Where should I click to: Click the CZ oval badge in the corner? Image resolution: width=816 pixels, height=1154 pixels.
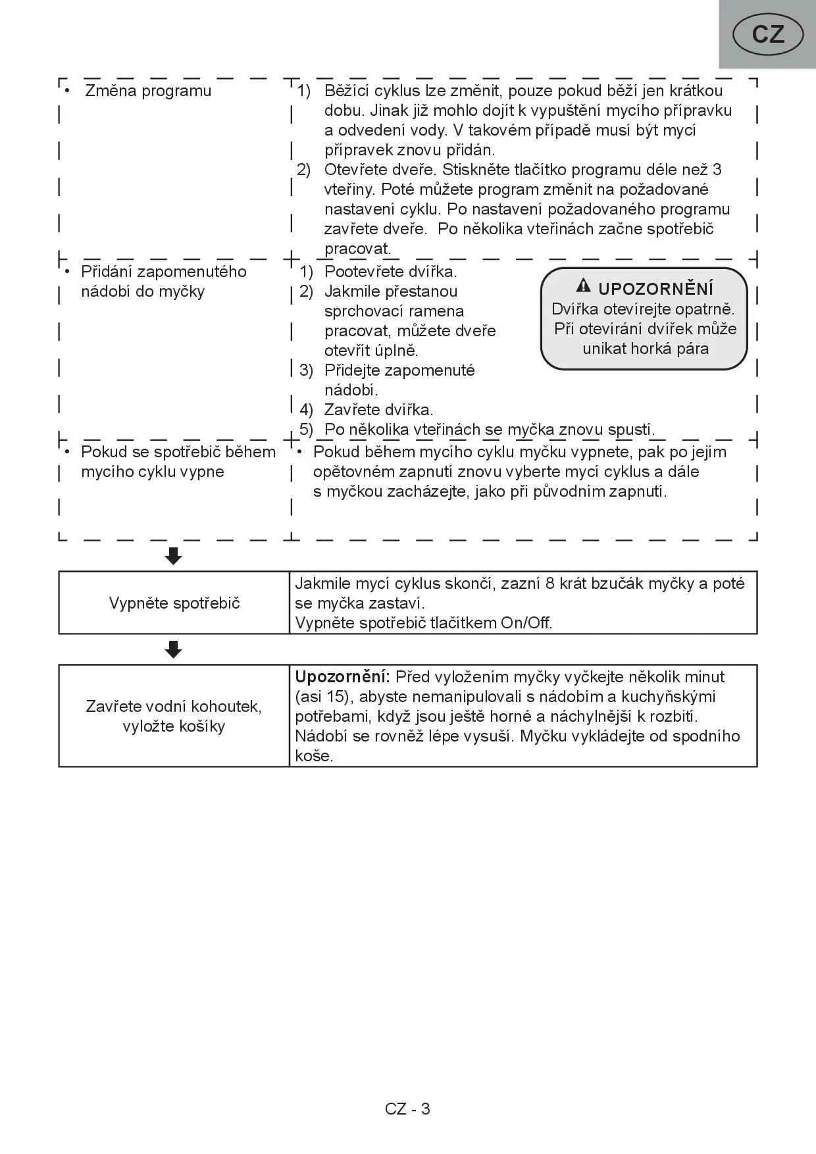768,34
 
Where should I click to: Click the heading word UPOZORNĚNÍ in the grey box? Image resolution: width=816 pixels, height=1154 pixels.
655,289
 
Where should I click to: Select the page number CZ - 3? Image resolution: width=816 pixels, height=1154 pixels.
407,1109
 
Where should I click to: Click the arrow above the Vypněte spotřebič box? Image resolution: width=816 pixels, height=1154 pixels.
174,557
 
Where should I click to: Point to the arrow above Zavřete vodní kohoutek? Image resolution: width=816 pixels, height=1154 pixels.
174,649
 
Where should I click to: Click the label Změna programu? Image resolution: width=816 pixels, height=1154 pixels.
148,91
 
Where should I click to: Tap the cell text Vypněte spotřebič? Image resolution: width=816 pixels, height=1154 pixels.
174,603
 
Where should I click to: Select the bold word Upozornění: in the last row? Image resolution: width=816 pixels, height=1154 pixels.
343,677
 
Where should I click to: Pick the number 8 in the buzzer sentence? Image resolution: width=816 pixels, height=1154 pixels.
551,584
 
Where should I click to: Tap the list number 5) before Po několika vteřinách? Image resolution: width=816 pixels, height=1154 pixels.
307,430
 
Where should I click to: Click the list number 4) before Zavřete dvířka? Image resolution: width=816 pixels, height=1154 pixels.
307,410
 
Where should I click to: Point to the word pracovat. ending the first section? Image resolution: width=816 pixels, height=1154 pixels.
357,249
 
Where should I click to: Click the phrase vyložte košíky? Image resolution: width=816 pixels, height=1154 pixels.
174,726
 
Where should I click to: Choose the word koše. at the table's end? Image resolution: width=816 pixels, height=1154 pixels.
314,756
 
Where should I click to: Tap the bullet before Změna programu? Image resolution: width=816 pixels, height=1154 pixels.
67,89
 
